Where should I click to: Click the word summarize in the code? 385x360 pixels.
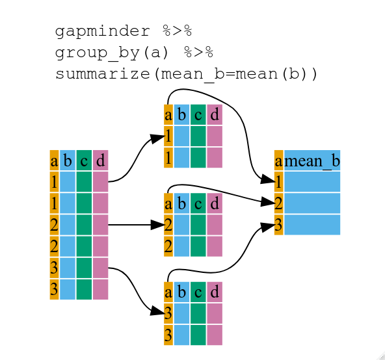103,73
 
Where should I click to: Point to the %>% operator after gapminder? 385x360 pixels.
176,31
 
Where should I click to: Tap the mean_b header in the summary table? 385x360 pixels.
312,161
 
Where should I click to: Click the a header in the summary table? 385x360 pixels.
279,161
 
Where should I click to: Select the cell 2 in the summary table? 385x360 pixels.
279,203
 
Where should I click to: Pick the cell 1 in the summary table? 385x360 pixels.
279,181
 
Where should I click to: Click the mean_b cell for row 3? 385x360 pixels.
312,224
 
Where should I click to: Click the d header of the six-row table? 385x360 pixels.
100,161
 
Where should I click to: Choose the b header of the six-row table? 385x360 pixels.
67,161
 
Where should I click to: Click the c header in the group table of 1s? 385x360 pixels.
198,115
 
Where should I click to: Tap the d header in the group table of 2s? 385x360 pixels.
214,203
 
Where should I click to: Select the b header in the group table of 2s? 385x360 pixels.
181,203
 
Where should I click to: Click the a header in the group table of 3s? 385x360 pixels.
168,292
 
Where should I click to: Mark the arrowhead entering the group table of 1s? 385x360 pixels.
157,138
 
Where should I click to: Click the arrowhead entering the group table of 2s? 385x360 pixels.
157,225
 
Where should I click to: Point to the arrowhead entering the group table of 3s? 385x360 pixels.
157,312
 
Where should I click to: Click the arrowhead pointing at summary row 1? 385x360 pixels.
267,180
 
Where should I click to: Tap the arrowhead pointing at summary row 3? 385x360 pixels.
267,227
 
